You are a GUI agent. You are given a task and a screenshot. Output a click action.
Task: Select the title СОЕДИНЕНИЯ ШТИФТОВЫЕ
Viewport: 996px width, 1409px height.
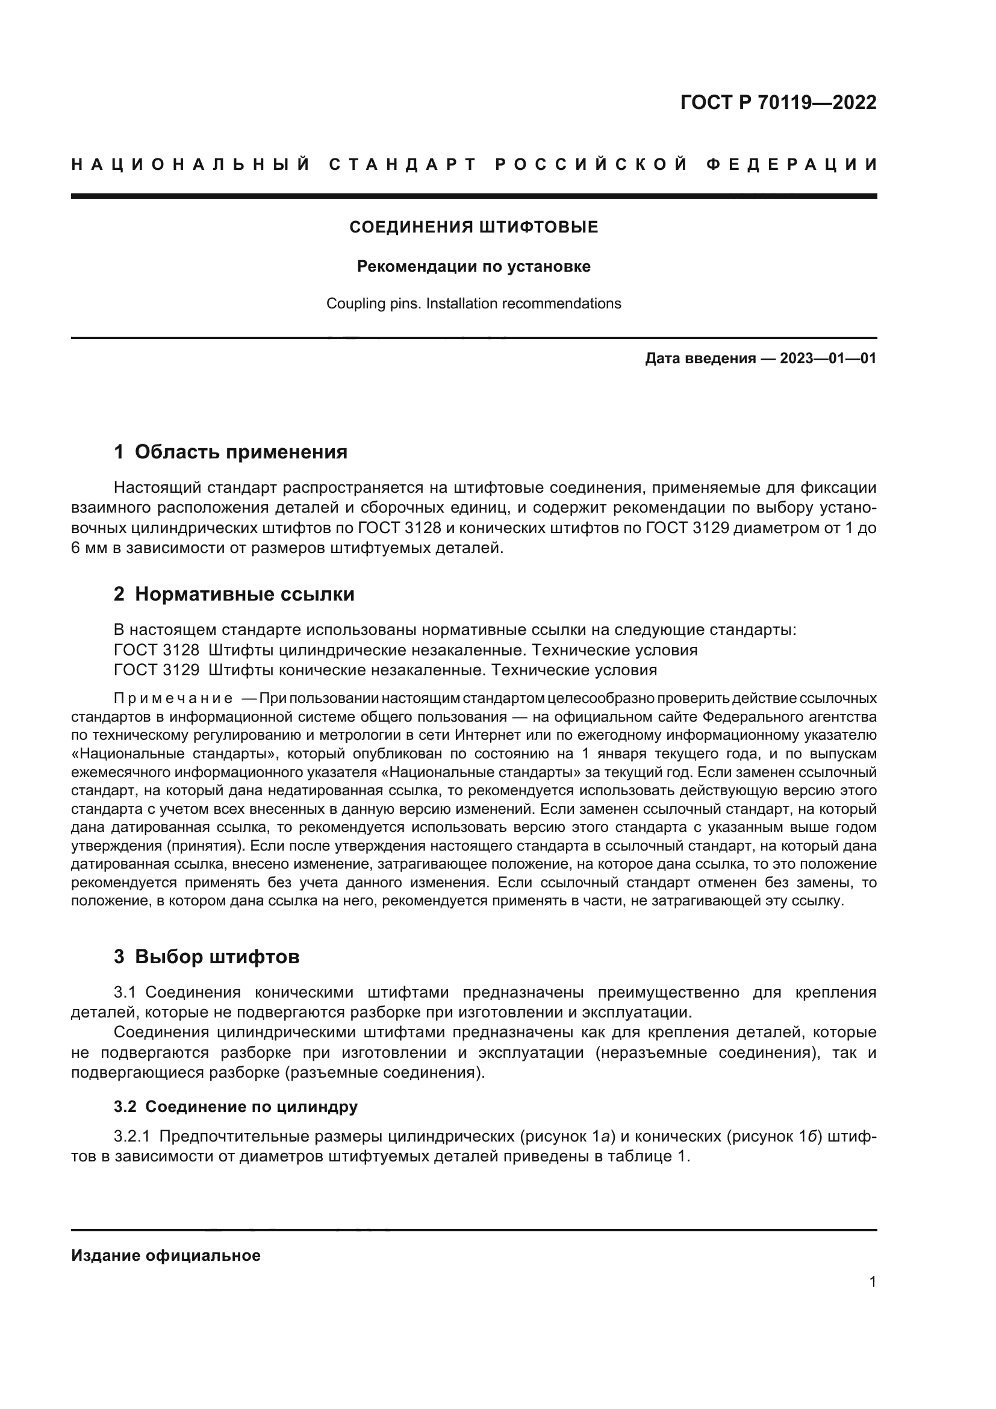click(x=473, y=228)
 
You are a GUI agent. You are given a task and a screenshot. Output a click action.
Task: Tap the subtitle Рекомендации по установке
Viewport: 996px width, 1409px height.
click(x=473, y=266)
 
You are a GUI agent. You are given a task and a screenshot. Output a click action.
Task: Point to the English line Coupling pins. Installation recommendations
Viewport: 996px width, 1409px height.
click(x=473, y=304)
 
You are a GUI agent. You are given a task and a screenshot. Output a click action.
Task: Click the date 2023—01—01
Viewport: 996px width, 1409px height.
click(x=828, y=358)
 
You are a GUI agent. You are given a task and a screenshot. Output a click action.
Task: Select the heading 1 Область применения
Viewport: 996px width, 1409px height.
click(x=230, y=452)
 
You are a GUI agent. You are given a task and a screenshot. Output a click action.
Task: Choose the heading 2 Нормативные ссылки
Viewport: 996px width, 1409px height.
click(x=234, y=594)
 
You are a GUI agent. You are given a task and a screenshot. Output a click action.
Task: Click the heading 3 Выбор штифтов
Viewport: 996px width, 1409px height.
click(x=207, y=957)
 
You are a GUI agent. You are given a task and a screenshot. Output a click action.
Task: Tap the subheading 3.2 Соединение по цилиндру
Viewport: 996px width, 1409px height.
click(x=235, y=1090)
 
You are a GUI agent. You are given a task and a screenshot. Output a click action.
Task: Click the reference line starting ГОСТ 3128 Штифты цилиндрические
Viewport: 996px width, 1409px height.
click(x=405, y=650)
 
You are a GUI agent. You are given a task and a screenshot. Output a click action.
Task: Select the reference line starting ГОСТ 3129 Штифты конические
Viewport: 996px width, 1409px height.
click(x=385, y=670)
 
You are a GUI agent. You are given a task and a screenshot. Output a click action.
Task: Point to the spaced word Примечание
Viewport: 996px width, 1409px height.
click(x=173, y=698)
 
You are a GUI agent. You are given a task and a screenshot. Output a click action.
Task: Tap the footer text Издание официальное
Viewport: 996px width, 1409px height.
click(x=166, y=1255)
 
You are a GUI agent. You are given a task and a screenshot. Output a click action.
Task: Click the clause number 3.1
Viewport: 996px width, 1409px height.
click(x=126, y=992)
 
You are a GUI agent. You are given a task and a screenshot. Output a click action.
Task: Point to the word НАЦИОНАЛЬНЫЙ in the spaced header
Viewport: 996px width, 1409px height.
click(x=191, y=164)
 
